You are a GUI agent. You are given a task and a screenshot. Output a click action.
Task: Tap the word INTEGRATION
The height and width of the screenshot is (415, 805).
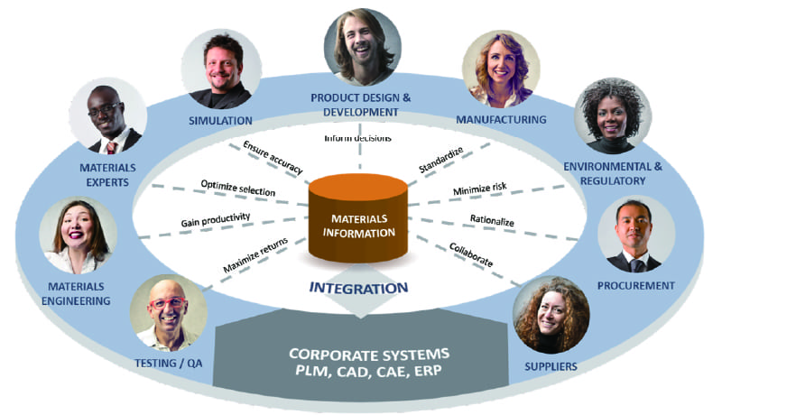(x=359, y=289)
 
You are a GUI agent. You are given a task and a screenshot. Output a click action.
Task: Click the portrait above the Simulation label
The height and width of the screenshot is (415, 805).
(x=221, y=69)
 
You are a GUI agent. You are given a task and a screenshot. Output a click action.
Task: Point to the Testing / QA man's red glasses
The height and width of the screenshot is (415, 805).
(x=166, y=302)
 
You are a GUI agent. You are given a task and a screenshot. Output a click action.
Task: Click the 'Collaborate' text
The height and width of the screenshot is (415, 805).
(x=471, y=254)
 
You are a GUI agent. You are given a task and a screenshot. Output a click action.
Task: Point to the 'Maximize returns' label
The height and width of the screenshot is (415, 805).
(x=254, y=254)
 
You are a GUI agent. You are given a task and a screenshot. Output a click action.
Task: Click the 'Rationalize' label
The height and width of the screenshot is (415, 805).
(x=493, y=218)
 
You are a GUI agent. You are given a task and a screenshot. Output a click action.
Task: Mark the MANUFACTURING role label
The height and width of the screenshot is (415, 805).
(x=501, y=119)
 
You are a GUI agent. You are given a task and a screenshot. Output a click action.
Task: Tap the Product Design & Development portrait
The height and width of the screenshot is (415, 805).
(x=359, y=45)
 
